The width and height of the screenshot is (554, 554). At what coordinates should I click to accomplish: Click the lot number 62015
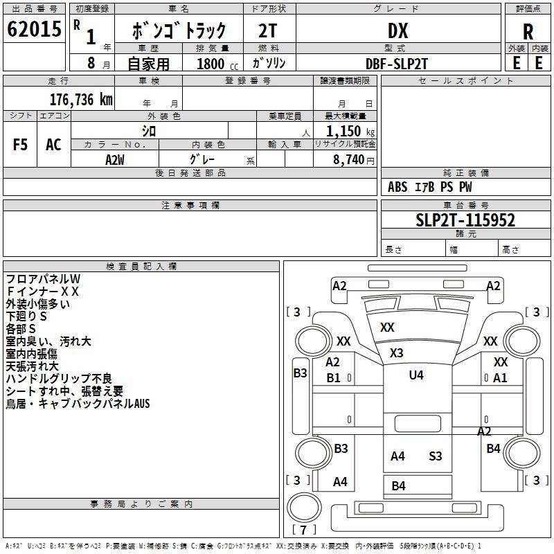34,29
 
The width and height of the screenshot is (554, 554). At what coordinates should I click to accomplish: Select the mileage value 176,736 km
81,100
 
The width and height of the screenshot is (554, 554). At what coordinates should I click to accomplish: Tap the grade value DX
397,30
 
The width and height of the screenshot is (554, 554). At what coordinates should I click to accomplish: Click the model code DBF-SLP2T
396,64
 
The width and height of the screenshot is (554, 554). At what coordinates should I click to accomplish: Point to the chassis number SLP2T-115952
465,220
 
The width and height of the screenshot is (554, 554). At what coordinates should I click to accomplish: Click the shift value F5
20,145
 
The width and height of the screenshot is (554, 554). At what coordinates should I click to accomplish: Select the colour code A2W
115,160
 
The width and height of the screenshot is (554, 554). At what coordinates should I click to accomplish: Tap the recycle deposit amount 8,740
348,160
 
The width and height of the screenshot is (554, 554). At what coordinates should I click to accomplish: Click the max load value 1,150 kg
350,132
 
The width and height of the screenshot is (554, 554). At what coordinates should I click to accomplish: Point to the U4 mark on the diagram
416,375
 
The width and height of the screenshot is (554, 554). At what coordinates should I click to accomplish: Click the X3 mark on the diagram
396,352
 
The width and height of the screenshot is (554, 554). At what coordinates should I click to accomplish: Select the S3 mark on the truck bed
436,456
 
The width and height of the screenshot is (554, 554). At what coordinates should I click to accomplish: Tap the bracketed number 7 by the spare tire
303,530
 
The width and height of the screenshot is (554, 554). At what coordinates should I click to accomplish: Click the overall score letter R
528,32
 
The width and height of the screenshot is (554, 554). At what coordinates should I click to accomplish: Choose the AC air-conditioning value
53,145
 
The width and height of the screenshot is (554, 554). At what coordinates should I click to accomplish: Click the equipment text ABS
397,187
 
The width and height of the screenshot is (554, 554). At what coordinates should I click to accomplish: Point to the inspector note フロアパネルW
43,279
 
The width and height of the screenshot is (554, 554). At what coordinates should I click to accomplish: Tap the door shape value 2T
268,30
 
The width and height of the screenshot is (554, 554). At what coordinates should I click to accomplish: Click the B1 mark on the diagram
333,377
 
